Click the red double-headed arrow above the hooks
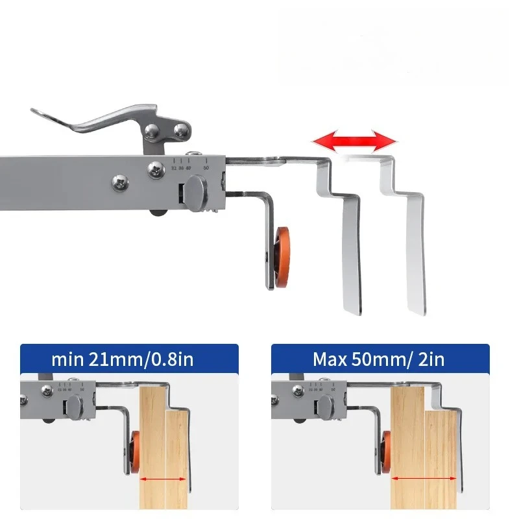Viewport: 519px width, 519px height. click(354, 139)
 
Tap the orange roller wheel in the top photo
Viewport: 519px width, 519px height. click(282, 256)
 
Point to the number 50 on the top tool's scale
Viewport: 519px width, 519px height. click(206, 167)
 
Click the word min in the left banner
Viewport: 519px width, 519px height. click(68, 359)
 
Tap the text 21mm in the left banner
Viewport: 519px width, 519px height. click(117, 359)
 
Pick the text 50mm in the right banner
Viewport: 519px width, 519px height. click(380, 359)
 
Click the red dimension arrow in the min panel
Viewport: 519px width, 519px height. click(162, 480)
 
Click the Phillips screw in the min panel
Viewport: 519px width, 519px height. click(47, 391)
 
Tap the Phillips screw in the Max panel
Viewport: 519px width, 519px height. click(298, 391)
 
